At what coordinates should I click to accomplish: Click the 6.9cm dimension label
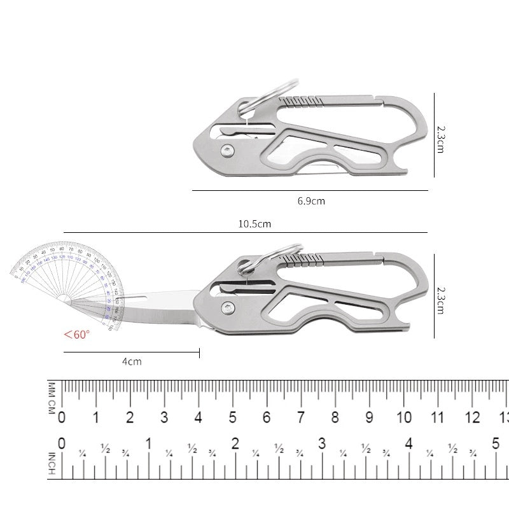pos(311,200)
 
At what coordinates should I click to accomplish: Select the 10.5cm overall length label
pos(254,224)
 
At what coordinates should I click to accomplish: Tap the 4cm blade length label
pos(132,361)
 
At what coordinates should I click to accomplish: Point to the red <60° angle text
pos(76,334)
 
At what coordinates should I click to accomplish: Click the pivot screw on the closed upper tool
pos(227,150)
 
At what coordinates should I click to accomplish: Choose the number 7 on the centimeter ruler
pos(301,417)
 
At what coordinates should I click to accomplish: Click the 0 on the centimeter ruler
pos(62,417)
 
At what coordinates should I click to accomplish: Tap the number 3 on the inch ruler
pos(323,443)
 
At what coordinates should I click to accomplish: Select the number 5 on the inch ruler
pos(496,443)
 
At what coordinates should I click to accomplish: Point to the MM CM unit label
pos(52,399)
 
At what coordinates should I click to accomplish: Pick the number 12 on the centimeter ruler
pos(473,417)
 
